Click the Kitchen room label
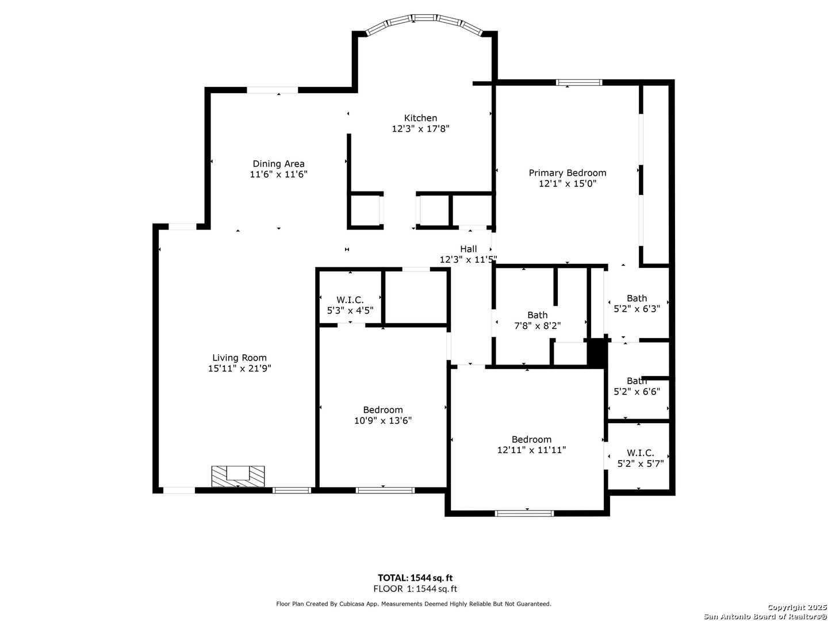(x=420, y=118)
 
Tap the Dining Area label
(x=278, y=164)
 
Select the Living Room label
(x=239, y=358)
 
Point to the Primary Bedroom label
(x=568, y=172)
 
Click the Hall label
(x=468, y=249)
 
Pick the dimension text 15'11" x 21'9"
(x=240, y=369)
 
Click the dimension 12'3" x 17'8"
(x=420, y=129)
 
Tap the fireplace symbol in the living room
(x=237, y=476)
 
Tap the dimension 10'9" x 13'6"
(x=382, y=420)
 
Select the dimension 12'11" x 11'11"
(x=531, y=450)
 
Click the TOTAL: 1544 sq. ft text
(x=415, y=578)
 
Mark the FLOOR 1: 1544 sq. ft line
(x=415, y=589)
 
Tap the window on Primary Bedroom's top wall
(x=578, y=82)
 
